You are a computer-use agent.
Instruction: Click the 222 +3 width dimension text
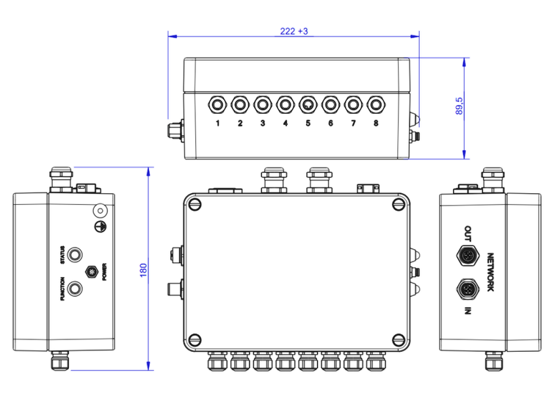click(x=294, y=32)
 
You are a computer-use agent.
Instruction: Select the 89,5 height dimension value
click(x=460, y=107)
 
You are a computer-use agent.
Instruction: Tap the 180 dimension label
click(x=143, y=270)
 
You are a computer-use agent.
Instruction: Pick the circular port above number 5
click(x=308, y=104)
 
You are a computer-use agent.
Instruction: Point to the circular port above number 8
click(x=376, y=104)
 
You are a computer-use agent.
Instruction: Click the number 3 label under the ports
click(x=263, y=123)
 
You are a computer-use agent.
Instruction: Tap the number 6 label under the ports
click(x=330, y=123)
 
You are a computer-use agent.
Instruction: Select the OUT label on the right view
click(x=467, y=234)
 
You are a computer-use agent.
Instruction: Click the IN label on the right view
click(x=467, y=311)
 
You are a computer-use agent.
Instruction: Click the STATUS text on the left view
click(x=62, y=254)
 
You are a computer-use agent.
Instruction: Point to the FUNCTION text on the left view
click(x=62, y=289)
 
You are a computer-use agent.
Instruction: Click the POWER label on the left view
click(x=105, y=272)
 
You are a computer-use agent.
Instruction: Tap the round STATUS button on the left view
click(x=74, y=254)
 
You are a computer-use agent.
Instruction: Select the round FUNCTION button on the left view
click(x=74, y=288)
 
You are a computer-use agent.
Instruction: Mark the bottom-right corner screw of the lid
click(x=399, y=339)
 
